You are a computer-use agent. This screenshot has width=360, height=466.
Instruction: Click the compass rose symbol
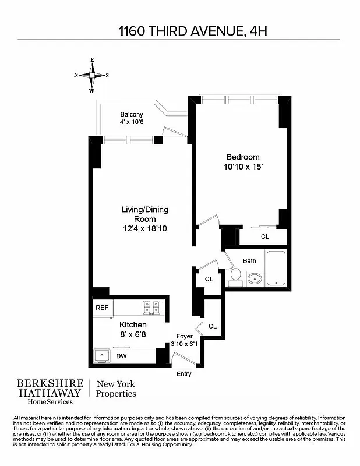click(91, 75)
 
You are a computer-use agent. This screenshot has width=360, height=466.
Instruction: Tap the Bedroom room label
click(243, 157)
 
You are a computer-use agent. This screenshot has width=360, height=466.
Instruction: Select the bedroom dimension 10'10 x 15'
click(243, 167)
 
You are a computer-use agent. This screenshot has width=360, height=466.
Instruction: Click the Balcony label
click(132, 114)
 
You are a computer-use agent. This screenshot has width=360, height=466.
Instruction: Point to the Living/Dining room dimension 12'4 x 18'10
click(144, 229)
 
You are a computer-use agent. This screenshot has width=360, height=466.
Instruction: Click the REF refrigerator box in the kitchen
click(102, 308)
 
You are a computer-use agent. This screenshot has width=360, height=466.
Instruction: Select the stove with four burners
click(151, 306)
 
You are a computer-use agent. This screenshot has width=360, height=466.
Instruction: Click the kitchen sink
click(103, 355)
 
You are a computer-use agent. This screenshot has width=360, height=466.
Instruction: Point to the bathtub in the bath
click(276, 269)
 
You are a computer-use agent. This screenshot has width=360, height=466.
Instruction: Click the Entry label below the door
click(183, 374)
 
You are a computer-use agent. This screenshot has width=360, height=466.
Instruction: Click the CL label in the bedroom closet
click(264, 236)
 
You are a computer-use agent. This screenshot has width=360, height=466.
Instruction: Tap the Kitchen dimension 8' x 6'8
click(133, 334)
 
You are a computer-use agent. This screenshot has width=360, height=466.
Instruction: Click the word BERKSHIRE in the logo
click(48, 384)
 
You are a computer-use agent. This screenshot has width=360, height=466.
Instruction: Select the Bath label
click(249, 261)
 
